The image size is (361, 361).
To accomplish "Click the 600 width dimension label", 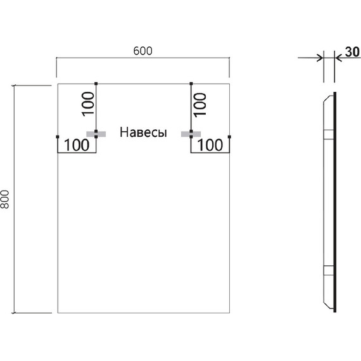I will coord(142,51).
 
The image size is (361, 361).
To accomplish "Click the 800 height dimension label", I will coord(6,200).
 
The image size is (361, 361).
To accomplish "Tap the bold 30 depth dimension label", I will coord(353,51).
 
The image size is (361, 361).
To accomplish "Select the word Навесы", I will coord(143,133).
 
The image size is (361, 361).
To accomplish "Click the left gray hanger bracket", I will coord(96,133).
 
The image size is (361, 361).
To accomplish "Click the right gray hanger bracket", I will coord(191,133).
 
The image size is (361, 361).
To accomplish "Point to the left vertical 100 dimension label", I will coord(88,103).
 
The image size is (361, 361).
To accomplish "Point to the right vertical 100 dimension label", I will coord(199,103).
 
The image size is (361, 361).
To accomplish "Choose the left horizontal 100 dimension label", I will coord(76,145).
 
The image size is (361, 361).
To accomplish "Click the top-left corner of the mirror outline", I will coord(57,83).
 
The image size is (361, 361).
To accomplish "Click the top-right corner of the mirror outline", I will coord(229,83).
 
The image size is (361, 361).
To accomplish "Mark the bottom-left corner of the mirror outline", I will coord(57,313).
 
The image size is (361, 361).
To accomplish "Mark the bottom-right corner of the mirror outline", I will coord(229,313).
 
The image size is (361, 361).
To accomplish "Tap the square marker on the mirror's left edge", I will coord(57,136).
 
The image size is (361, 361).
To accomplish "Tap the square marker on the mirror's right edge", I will coord(229,136).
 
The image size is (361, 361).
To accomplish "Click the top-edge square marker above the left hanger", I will coord(96,83).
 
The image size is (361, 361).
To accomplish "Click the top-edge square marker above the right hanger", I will coord(191,83).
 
